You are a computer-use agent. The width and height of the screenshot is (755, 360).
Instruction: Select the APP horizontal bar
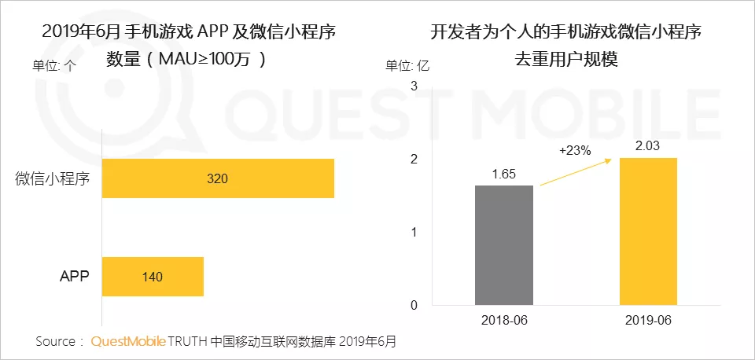click(153, 277)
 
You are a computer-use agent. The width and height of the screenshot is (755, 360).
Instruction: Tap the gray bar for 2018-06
click(504, 245)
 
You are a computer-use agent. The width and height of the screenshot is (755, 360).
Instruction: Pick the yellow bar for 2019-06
click(648, 231)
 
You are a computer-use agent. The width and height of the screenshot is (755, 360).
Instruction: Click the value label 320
click(217, 178)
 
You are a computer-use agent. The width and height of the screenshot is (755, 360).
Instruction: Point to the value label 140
click(153, 277)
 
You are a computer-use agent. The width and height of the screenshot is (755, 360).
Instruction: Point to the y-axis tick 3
click(414, 86)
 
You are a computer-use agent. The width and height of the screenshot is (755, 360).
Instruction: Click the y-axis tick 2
click(414, 159)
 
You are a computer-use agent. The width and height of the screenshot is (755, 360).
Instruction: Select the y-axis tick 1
click(414, 232)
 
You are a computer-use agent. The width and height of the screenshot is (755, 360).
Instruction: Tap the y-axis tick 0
click(414, 305)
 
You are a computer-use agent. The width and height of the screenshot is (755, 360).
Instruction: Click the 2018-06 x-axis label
click(504, 321)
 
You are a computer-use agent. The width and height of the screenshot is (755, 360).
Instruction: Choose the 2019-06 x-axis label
click(648, 321)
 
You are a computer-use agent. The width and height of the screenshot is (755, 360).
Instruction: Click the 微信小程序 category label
click(53, 178)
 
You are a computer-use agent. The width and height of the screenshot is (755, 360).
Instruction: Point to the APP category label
click(75, 277)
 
